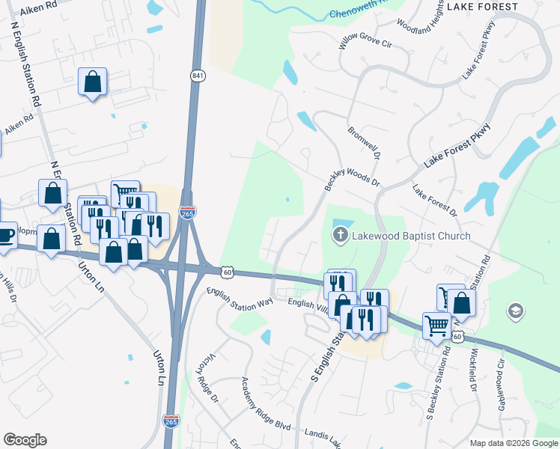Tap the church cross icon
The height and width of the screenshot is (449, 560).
click(340, 236)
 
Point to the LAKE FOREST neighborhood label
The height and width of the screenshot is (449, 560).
click(481, 7)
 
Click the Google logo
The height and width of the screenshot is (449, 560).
click(25, 440)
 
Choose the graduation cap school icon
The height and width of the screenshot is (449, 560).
click(515, 310)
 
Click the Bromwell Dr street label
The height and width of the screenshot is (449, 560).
click(365, 144)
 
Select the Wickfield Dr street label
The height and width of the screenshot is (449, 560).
click(472, 369)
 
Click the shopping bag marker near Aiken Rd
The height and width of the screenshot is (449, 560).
click(93, 82)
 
